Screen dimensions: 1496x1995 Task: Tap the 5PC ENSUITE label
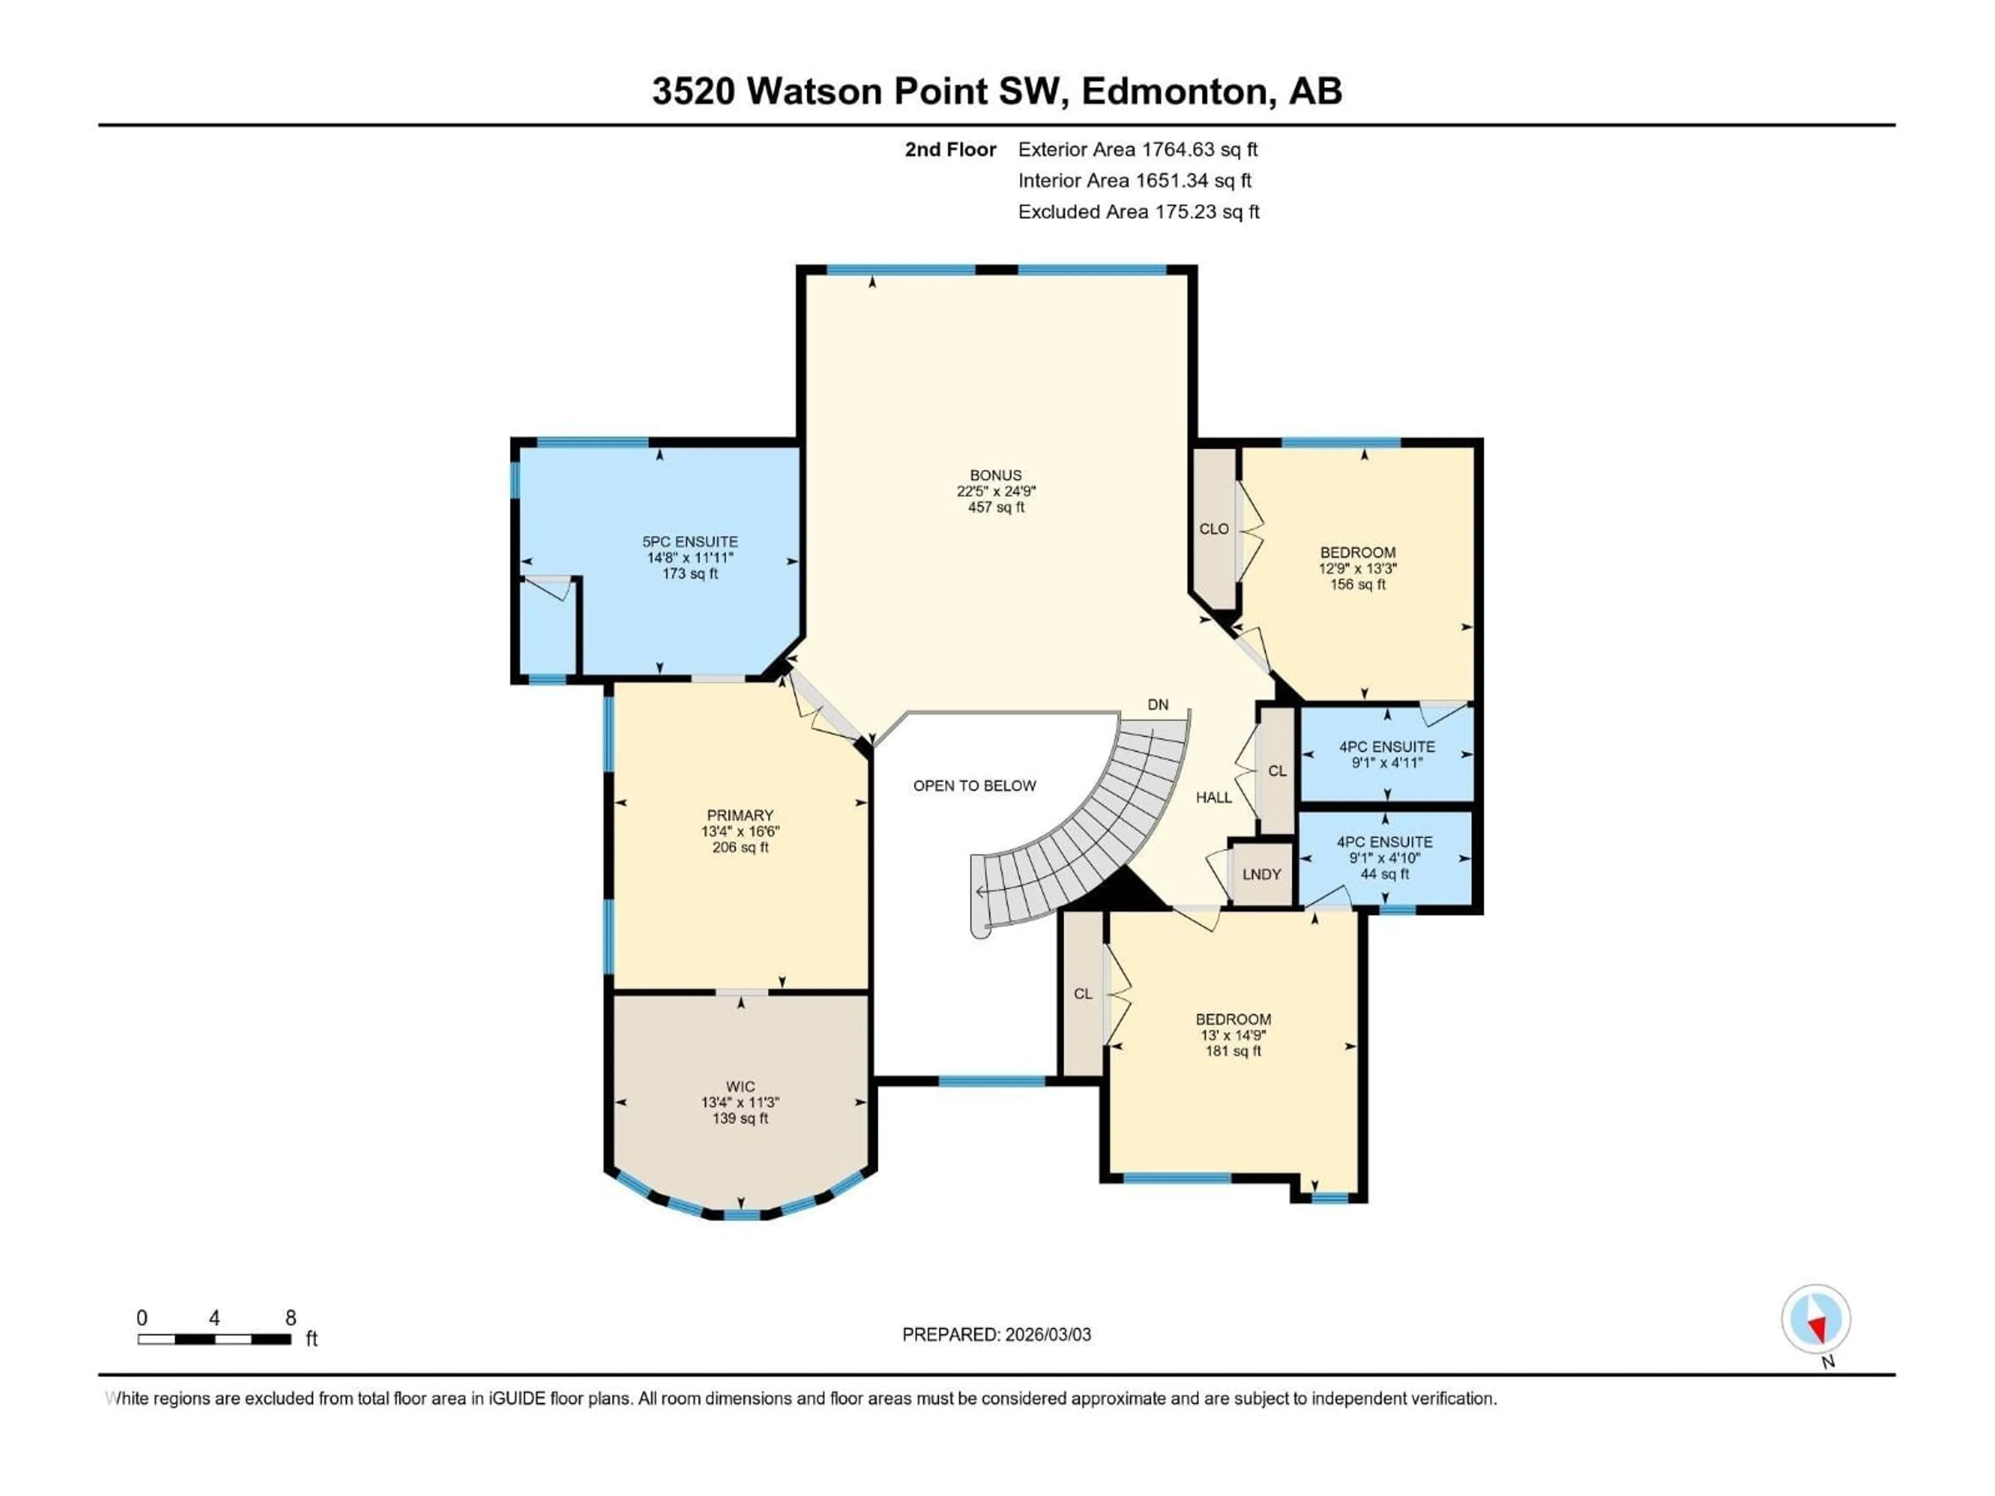click(690, 542)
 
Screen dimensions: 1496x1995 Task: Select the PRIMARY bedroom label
click(740, 815)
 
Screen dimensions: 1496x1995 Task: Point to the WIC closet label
click(740, 1087)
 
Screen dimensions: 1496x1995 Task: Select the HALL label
click(1213, 797)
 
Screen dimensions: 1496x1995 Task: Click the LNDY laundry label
click(1261, 874)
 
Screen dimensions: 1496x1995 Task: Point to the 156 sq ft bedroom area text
click(1358, 584)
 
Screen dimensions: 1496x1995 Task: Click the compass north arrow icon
click(1816, 1318)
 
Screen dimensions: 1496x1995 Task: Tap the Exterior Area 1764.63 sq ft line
click(1137, 150)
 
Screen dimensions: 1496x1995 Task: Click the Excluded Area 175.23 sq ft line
click(1138, 212)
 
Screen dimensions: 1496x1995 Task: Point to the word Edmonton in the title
click(1178, 91)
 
